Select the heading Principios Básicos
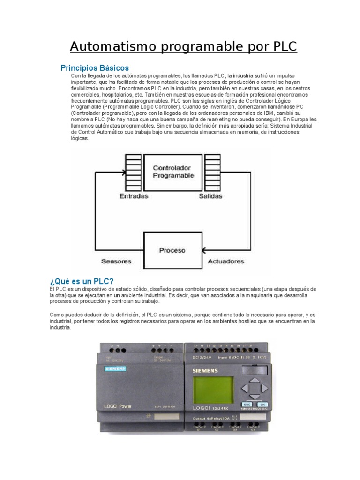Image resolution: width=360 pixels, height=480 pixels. pyautogui.click(x=95, y=68)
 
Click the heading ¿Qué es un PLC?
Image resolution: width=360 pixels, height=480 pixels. pyautogui.click(x=82, y=281)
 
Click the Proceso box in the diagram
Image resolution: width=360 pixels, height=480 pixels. pyautogui.click(x=172, y=250)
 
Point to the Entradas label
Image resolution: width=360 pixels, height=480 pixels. pyautogui.click(x=134, y=196)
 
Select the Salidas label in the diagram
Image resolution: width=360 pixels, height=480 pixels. pyautogui.click(x=210, y=196)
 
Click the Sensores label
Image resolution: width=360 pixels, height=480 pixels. pyautogui.click(x=116, y=261)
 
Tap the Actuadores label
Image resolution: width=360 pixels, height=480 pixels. pyautogui.click(x=226, y=261)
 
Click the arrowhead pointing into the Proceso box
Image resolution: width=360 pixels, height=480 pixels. pyautogui.click(x=205, y=250)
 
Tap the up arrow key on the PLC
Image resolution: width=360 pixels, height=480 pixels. pyautogui.click(x=254, y=380)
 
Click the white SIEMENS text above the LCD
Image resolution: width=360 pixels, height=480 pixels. pyautogui.click(x=205, y=371)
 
